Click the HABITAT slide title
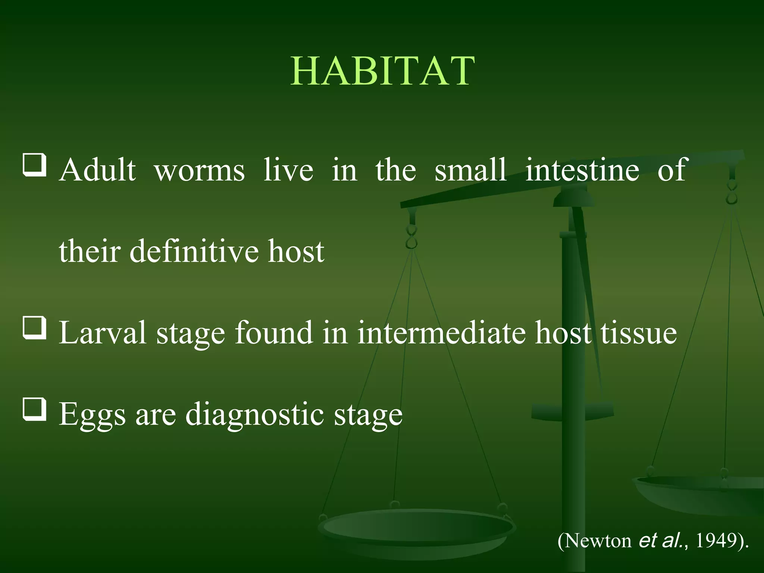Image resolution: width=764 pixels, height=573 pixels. point(382,71)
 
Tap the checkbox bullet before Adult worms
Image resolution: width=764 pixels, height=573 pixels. point(35,165)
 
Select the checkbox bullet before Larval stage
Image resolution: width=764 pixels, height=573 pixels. point(35,328)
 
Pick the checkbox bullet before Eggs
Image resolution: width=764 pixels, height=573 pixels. point(35,409)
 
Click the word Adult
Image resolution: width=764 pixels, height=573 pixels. point(97,170)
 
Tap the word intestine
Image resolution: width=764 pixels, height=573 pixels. point(582,170)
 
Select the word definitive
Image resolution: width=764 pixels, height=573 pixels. point(194,251)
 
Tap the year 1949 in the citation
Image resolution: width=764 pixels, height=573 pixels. point(716,540)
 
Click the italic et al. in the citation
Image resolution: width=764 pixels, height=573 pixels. point(662,540)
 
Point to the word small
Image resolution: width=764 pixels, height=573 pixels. point(470,170)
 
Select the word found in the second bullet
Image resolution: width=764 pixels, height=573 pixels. point(273,333)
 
